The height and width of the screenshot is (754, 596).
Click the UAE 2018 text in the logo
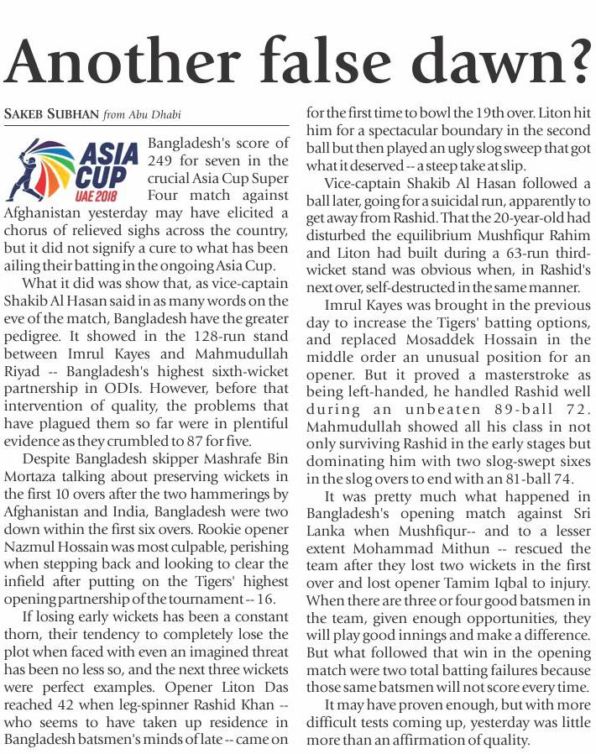[100, 194]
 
